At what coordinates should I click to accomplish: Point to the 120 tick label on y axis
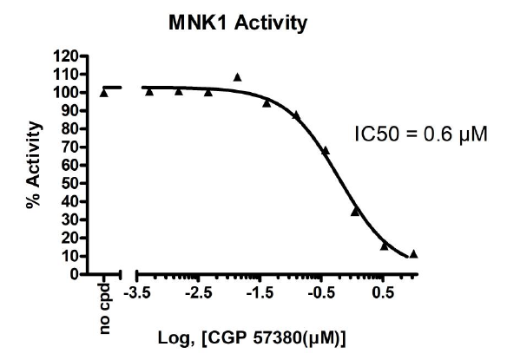pos(65,56)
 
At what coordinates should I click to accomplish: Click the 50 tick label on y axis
pos(69,183)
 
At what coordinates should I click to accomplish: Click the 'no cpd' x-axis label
pos(104,304)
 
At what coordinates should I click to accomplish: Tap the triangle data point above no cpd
pos(104,92)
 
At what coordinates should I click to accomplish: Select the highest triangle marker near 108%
pos(237,77)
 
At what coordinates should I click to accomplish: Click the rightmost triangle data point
pos(413,254)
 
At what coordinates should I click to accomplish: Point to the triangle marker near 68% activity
pos(326,151)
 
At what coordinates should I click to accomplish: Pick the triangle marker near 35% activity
pos(355,211)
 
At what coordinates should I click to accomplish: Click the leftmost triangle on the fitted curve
pos(149,91)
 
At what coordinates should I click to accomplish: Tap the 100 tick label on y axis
pos(65,93)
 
